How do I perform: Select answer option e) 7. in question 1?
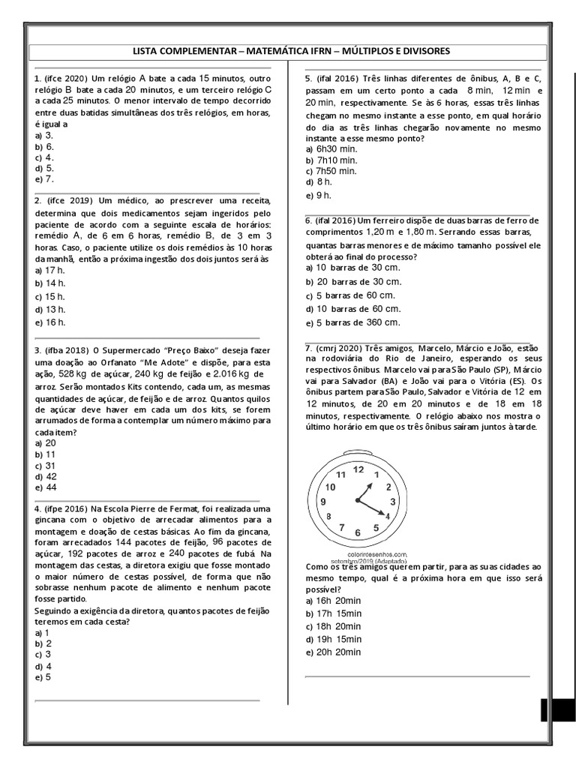(x=44, y=180)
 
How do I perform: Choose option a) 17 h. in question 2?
(x=50, y=270)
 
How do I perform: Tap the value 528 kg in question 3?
(x=73, y=373)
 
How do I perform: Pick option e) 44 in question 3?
(x=46, y=487)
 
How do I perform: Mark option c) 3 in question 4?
(x=43, y=654)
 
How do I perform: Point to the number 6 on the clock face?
(x=357, y=533)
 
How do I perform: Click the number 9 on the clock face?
(x=323, y=502)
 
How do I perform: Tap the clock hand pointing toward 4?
(x=373, y=508)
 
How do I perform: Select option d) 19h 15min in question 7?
(x=334, y=638)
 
